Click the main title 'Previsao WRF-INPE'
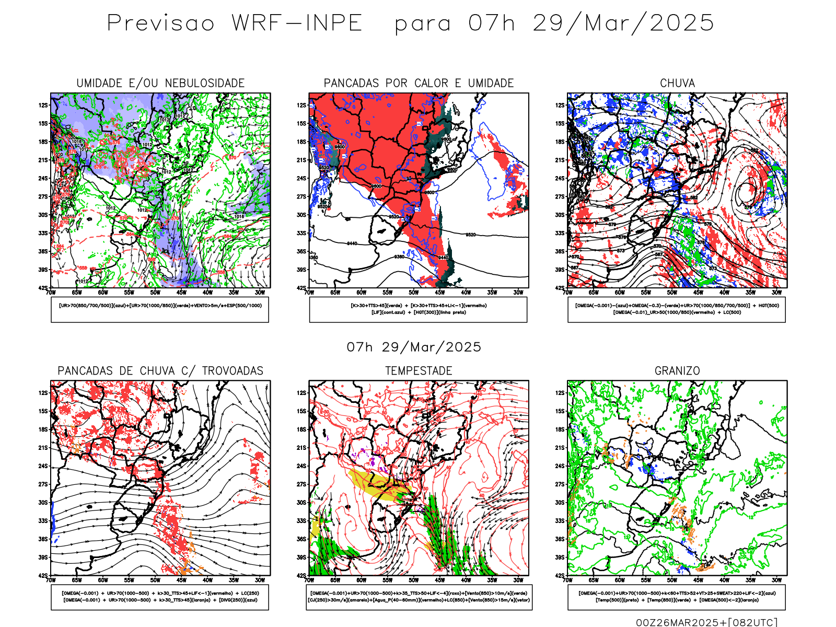[x=235, y=24]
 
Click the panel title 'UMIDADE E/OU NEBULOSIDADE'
[x=160, y=83]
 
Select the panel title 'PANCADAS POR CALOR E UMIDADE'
[x=419, y=83]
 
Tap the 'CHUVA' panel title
[x=677, y=83]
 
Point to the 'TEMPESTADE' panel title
[x=419, y=371]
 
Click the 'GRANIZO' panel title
[x=677, y=371]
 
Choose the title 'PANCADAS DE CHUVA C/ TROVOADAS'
[x=160, y=371]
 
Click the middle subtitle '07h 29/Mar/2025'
[x=414, y=347]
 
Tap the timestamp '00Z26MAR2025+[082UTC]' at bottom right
[x=706, y=622]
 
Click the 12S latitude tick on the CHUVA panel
[x=560, y=106]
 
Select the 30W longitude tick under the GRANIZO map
[x=776, y=580]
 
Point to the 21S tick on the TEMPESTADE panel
[x=301, y=448]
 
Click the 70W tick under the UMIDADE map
[x=51, y=293]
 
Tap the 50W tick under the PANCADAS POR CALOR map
[x=413, y=293]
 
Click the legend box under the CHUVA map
[x=677, y=309]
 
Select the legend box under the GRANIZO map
[x=677, y=597]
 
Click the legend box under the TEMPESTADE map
[x=419, y=597]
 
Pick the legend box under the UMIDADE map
[x=160, y=309]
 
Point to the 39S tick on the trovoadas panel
[x=43, y=558]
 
